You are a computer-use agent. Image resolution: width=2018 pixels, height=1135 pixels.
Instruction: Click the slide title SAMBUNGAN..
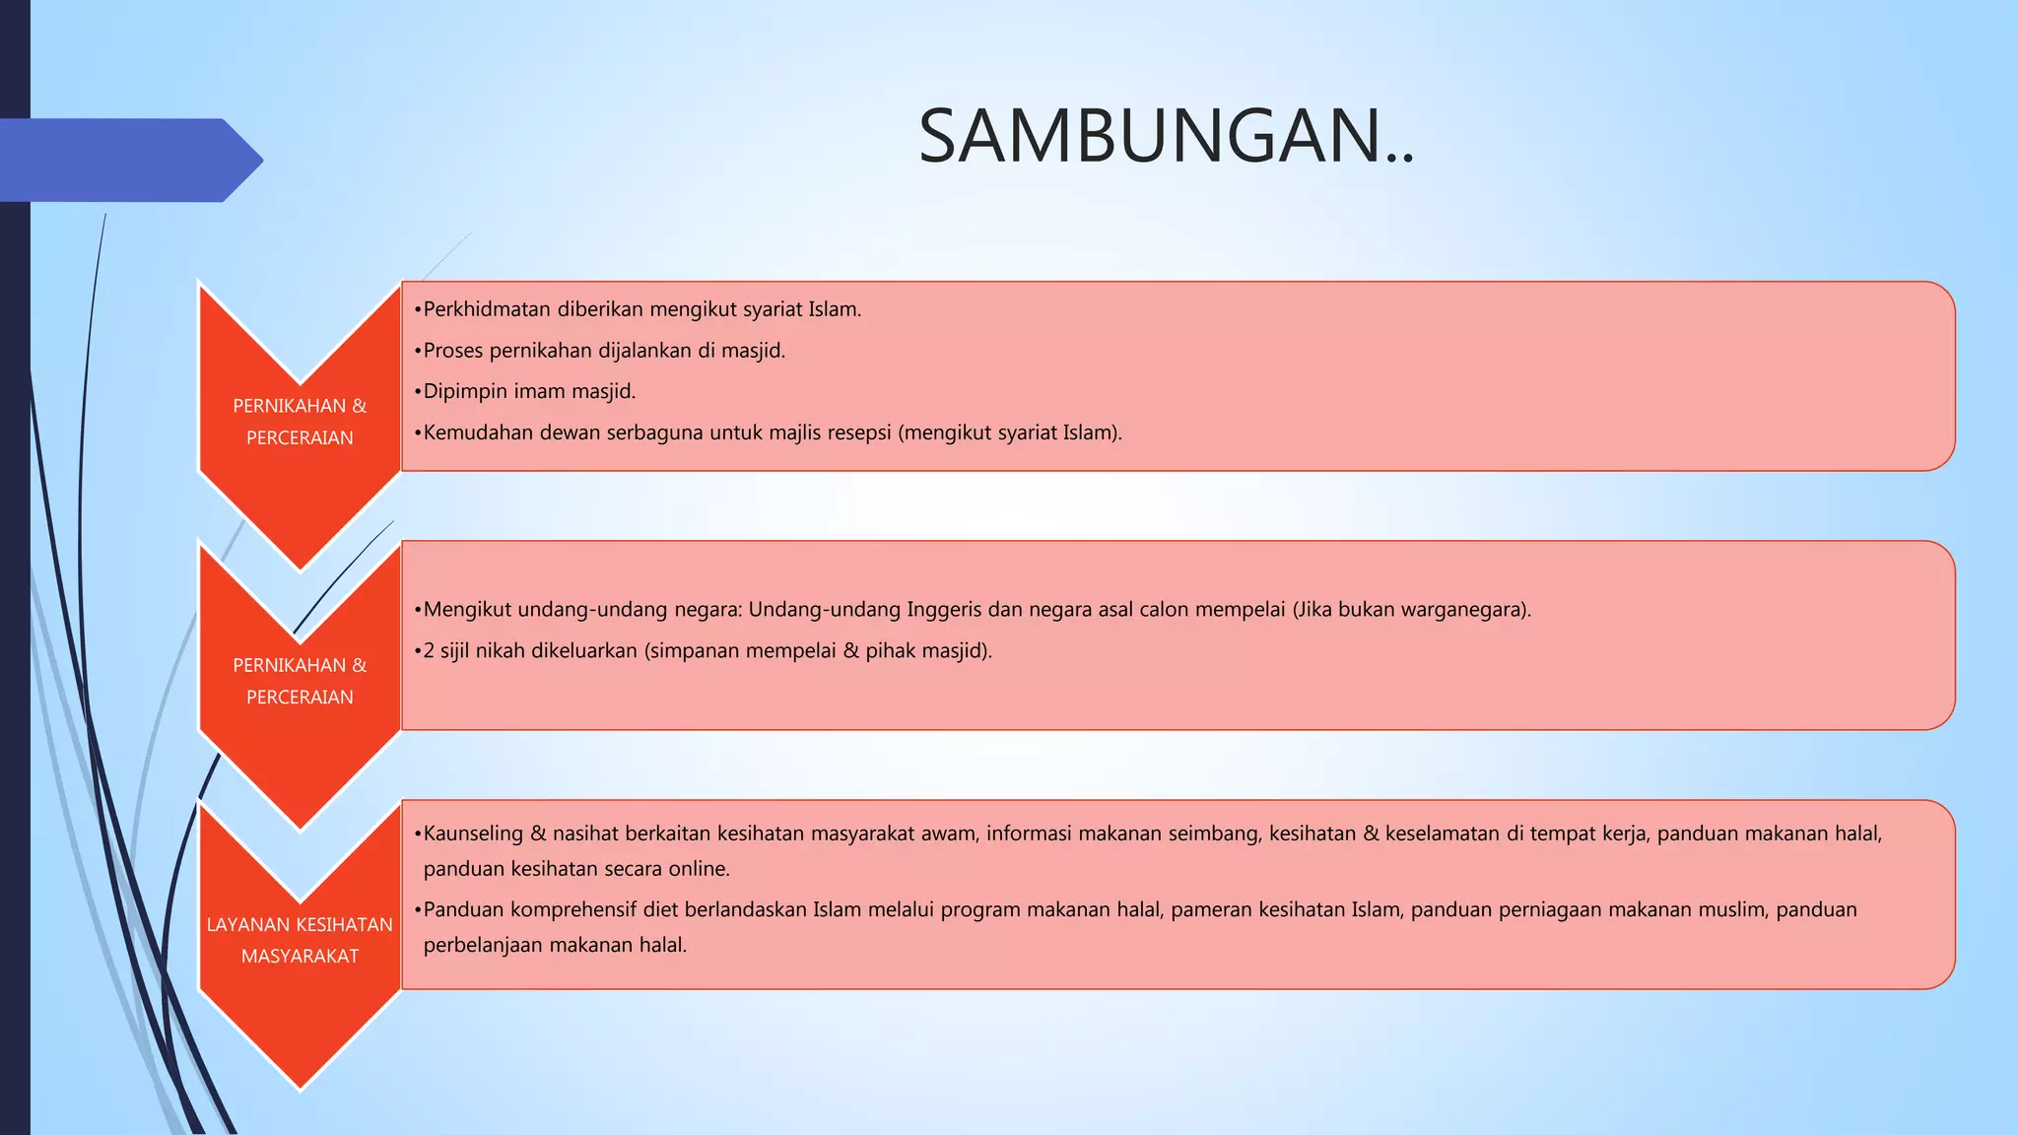(x=1166, y=136)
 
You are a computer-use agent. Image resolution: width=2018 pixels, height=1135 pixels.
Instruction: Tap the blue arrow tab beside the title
(x=128, y=161)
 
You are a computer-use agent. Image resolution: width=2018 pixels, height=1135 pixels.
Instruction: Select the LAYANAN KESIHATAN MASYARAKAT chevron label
(x=300, y=940)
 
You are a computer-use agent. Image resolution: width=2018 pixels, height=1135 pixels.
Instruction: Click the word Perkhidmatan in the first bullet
(x=487, y=309)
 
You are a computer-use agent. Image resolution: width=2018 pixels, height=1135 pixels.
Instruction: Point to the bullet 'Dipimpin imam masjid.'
(x=529, y=391)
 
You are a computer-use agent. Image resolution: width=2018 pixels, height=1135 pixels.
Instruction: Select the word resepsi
(x=859, y=433)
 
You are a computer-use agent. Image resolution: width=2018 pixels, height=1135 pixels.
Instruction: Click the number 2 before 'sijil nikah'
(x=429, y=651)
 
